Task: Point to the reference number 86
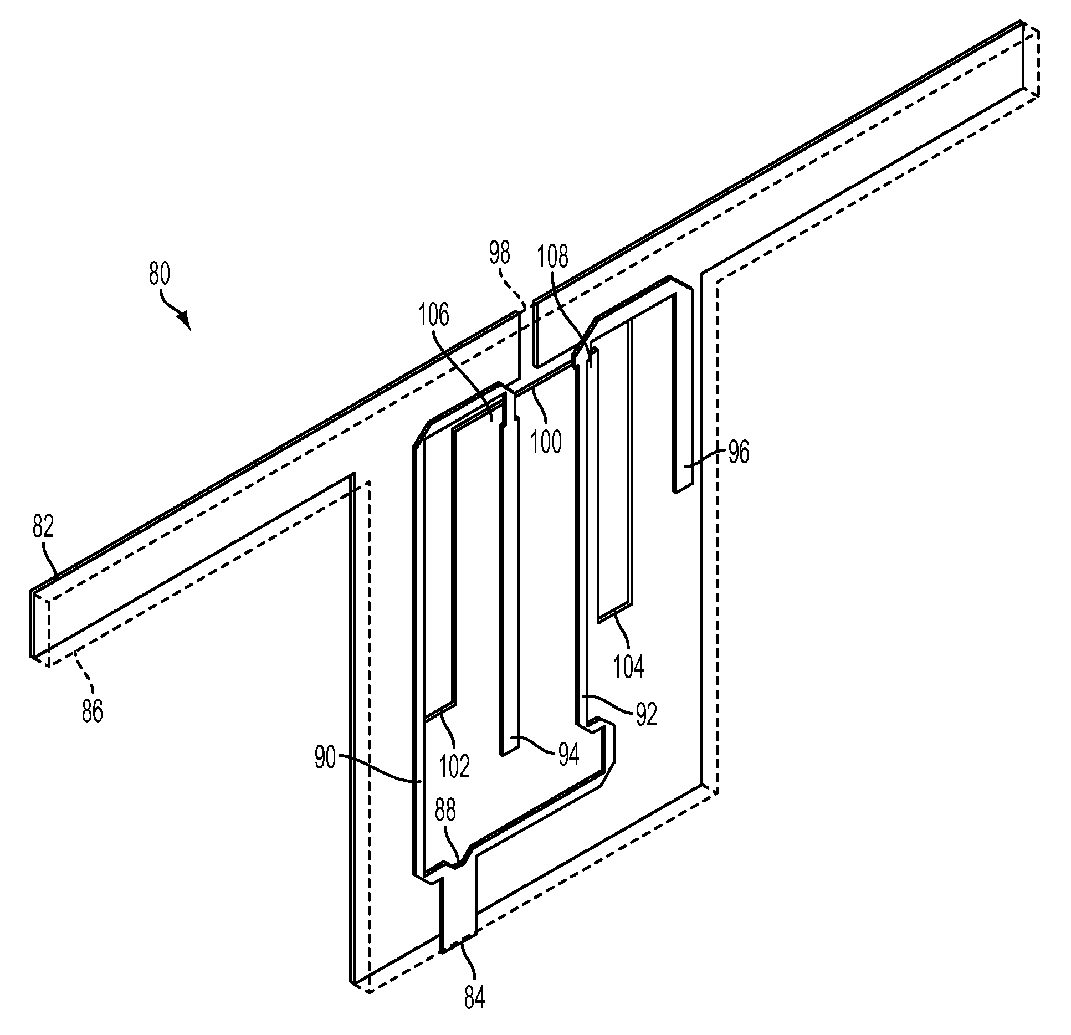click(x=93, y=711)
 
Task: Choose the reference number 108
click(x=552, y=257)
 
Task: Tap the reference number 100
click(x=546, y=443)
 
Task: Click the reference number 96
click(x=738, y=453)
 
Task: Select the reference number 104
click(x=629, y=667)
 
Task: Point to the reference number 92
click(x=646, y=715)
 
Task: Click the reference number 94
click(x=568, y=755)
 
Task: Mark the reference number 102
click(x=454, y=766)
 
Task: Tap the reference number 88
click(x=445, y=811)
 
